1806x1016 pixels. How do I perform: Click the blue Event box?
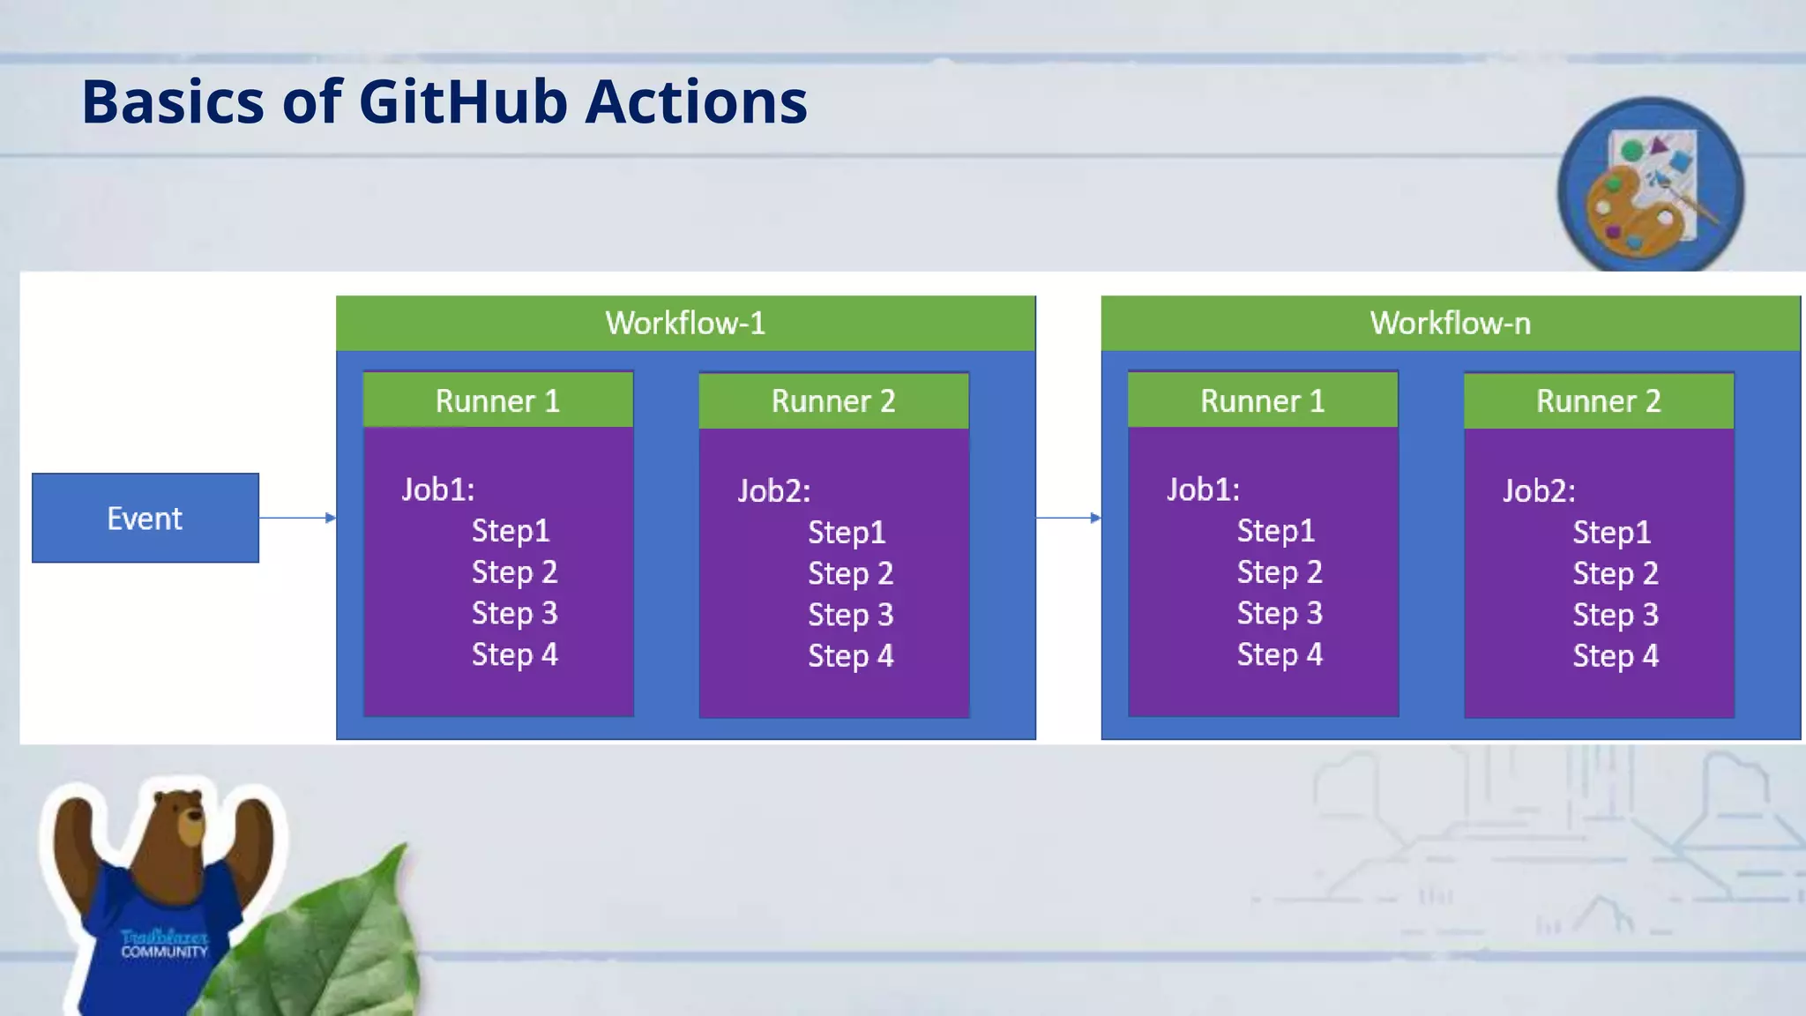point(146,518)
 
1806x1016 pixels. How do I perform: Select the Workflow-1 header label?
point(685,323)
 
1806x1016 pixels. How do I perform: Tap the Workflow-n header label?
point(1450,323)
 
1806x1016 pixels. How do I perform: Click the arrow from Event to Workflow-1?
point(297,518)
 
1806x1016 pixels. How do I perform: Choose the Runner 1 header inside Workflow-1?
point(497,401)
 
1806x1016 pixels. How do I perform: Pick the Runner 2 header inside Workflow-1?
point(833,401)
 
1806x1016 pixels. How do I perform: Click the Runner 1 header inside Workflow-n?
point(1262,401)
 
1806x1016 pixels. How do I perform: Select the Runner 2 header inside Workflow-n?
point(1598,401)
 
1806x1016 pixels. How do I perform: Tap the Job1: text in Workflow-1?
point(438,489)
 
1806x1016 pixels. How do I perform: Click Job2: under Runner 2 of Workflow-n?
point(1539,491)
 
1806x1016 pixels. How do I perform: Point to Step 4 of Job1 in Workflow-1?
point(514,654)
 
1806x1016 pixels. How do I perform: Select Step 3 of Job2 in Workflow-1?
point(850,615)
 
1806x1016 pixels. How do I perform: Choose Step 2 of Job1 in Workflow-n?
point(1279,572)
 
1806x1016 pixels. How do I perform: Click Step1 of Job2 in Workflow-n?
point(1611,533)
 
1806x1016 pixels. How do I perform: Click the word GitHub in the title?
point(463,101)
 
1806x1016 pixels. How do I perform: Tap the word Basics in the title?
point(173,101)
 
